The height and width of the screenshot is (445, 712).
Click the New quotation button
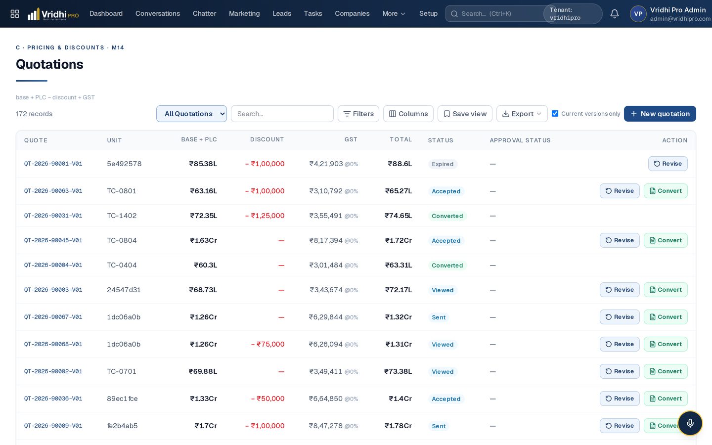pos(660,114)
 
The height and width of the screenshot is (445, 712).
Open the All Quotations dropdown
pos(191,114)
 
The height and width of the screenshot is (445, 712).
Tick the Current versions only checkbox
pos(555,114)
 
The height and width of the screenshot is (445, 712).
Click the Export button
pos(522,114)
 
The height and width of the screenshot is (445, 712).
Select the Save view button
pos(465,114)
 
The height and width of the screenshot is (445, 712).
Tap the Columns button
pos(408,114)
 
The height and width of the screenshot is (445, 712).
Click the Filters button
pos(358,114)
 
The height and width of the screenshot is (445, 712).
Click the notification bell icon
pos(615,14)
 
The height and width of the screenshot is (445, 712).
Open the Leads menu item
pos(282,14)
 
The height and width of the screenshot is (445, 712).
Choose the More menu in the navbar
pos(394,14)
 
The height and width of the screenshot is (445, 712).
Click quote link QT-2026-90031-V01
pos(53,216)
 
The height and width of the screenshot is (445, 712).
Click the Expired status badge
pos(443,164)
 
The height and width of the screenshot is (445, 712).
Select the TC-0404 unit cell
pos(122,265)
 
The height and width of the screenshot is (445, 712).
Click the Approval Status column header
pos(520,140)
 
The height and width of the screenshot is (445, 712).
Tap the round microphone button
pos(690,423)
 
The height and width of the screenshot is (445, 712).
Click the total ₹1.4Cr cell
pos(400,399)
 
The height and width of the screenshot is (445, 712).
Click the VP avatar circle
pos(638,14)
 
